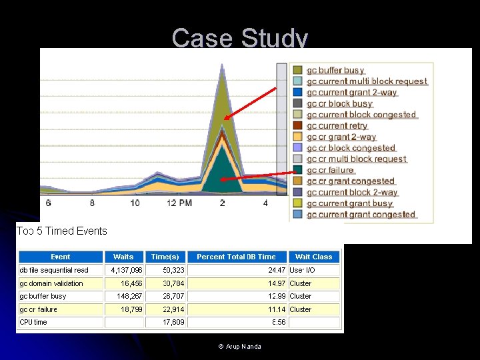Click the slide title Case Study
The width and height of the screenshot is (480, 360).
(240, 38)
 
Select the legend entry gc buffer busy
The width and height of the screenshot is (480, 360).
(335, 71)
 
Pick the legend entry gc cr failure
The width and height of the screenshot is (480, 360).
(330, 170)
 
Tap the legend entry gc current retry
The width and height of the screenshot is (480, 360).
(337, 126)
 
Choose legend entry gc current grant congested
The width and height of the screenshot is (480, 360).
(361, 215)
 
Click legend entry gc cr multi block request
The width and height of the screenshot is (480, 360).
(356, 159)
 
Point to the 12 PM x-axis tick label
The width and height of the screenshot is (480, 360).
(179, 203)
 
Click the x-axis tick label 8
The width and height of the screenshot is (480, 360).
(92, 203)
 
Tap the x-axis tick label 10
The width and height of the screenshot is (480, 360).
(135, 203)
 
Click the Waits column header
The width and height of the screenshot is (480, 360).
(123, 257)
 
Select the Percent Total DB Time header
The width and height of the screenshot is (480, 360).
(236, 257)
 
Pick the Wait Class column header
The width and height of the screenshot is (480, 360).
(313, 257)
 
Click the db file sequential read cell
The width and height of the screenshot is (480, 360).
(54, 270)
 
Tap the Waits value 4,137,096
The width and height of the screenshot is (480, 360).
(127, 270)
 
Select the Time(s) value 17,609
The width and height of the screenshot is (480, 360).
(174, 322)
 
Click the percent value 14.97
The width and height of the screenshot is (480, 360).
(277, 283)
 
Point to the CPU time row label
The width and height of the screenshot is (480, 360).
(33, 322)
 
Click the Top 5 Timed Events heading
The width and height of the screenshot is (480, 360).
(62, 231)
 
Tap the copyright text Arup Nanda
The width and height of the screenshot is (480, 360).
(240, 347)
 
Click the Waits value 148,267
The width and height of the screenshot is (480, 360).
(129, 296)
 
